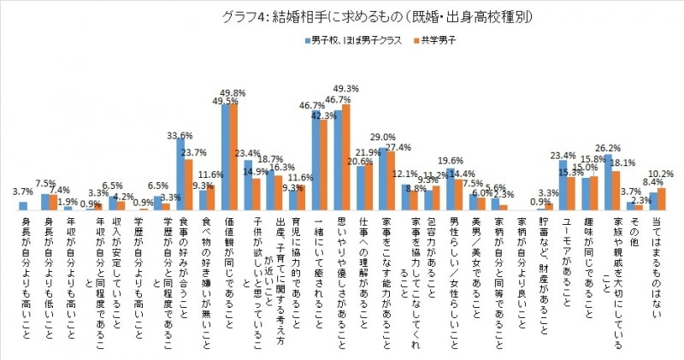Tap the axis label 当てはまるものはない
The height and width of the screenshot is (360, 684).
tap(657, 257)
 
